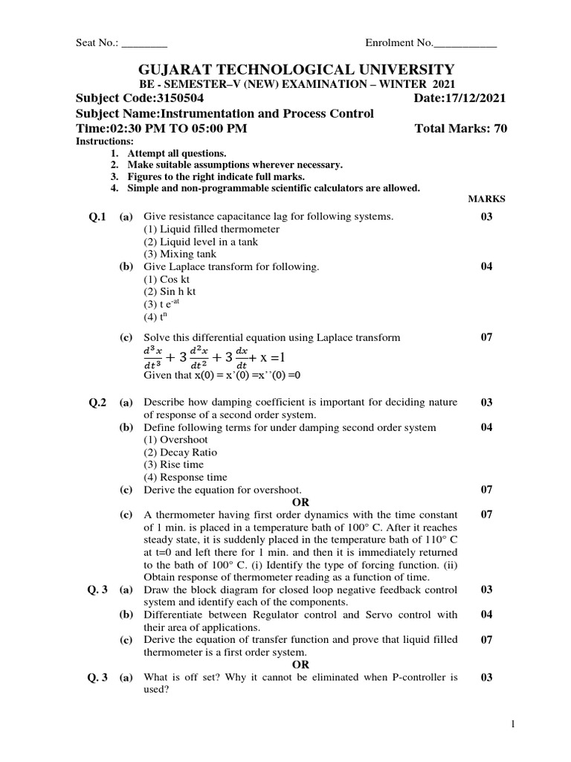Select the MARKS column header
pyautogui.click(x=486, y=199)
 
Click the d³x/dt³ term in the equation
pyautogui.click(x=152, y=355)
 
